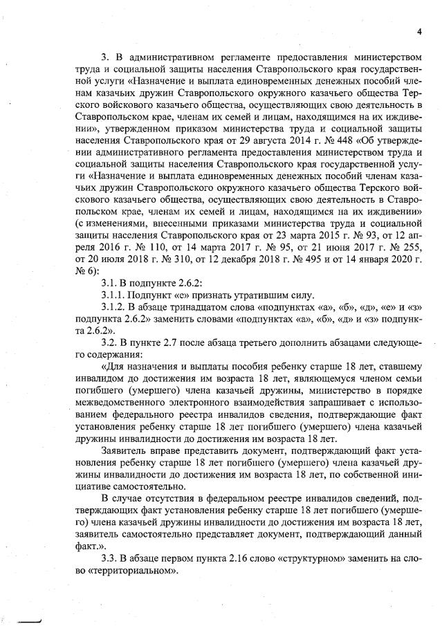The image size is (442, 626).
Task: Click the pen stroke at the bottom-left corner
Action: click(31, 620)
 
